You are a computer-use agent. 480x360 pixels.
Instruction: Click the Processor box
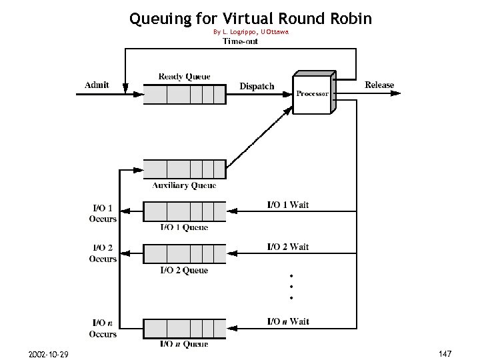[313, 94]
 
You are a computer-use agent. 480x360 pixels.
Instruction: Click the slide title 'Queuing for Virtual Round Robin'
[251, 18]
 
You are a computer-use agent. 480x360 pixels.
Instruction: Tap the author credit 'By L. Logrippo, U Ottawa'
[251, 32]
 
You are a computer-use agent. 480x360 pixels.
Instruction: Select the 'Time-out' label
[241, 41]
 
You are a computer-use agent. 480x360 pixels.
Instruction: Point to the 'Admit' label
[97, 85]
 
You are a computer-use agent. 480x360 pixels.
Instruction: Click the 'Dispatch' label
[257, 86]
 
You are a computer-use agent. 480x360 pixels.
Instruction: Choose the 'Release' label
[379, 85]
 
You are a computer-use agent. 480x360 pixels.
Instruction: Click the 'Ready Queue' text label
[184, 77]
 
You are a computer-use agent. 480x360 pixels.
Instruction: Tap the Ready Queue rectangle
[185, 95]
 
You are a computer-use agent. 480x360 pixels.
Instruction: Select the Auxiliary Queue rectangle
[185, 169]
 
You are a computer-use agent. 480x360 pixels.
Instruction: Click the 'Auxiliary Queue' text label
[184, 185]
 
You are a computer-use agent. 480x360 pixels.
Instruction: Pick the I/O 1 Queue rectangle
[185, 212]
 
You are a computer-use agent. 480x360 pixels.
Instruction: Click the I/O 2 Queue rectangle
[185, 254]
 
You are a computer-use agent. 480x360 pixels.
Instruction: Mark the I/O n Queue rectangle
[185, 329]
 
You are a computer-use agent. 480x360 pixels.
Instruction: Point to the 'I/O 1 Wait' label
[288, 205]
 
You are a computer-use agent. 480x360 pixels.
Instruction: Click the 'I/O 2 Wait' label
[288, 247]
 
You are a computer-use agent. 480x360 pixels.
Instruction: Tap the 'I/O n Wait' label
[288, 321]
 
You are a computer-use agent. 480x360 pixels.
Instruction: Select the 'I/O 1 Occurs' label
[103, 213]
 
